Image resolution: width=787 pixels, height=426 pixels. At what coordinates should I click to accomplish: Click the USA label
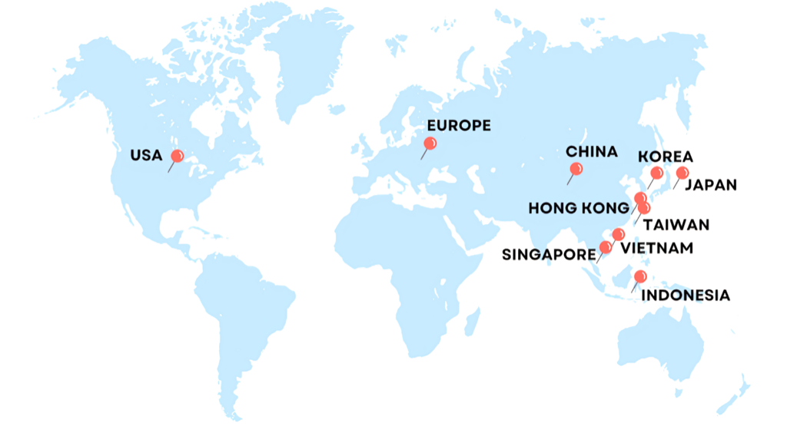(x=146, y=156)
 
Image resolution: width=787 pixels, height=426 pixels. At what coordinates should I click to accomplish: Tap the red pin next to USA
(x=178, y=156)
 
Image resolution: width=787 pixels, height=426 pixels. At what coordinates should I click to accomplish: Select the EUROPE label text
(x=458, y=126)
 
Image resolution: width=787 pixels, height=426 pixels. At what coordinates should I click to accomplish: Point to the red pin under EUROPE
(x=430, y=143)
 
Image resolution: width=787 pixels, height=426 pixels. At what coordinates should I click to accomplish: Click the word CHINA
(x=592, y=152)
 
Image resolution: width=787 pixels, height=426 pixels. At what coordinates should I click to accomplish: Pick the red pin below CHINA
(x=576, y=169)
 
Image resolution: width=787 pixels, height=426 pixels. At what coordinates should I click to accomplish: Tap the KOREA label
(x=666, y=157)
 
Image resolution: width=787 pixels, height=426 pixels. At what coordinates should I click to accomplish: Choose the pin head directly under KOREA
(x=656, y=173)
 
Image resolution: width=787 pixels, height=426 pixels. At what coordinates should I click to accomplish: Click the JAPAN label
(x=711, y=184)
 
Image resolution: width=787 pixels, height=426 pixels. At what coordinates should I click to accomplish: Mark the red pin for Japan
(x=682, y=173)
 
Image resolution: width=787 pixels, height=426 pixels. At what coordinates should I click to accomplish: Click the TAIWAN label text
(x=676, y=225)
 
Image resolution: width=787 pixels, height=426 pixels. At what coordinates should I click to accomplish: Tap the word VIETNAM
(x=656, y=248)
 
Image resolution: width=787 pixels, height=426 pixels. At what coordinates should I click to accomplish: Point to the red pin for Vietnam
(x=619, y=234)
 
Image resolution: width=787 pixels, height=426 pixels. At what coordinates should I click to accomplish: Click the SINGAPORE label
(x=549, y=255)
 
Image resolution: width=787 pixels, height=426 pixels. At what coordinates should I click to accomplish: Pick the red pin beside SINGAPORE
(x=606, y=247)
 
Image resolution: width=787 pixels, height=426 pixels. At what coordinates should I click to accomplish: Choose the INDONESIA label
(x=685, y=295)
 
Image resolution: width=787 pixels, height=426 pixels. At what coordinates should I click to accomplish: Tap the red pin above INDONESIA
(x=640, y=277)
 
